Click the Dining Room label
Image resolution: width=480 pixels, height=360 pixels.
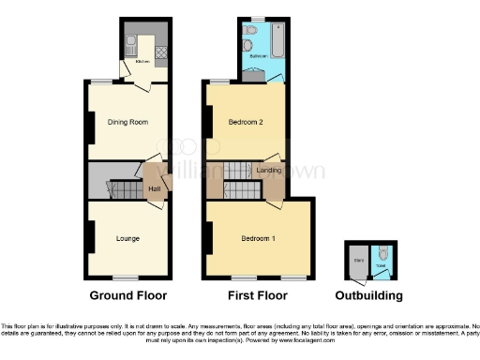[128, 122]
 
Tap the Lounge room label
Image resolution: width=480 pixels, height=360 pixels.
[127, 238]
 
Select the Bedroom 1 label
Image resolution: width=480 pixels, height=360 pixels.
[258, 238]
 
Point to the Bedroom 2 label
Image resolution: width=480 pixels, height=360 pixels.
[246, 122]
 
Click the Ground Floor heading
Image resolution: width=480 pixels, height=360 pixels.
[128, 295]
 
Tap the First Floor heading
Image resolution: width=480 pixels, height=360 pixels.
[259, 295]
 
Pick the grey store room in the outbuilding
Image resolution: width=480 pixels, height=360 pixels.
[357, 265]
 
